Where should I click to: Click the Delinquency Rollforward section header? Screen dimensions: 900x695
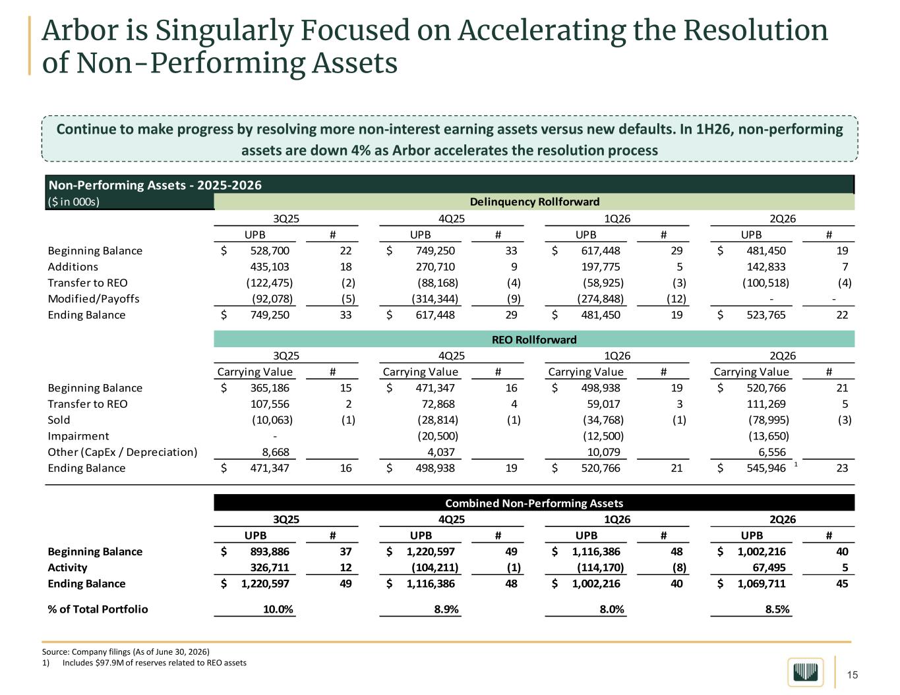point(534,202)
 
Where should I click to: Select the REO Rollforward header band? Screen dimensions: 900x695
point(534,339)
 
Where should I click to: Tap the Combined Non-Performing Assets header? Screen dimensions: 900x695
point(534,503)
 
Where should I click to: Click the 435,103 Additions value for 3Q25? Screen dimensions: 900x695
point(270,267)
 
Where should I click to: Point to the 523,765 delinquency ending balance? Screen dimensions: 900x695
point(765,315)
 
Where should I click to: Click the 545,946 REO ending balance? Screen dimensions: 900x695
point(765,468)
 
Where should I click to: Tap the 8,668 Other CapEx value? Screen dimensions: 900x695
point(276,452)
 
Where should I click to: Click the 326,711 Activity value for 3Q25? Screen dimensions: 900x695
point(270,567)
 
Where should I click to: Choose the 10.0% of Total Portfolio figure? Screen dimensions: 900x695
point(278,609)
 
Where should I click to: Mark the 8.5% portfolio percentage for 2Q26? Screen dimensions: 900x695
point(777,609)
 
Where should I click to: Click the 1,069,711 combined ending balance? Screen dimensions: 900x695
point(762,583)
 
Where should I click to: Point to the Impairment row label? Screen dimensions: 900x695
point(78,436)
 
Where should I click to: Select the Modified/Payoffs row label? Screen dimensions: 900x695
point(94,298)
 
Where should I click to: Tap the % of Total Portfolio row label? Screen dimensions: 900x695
point(98,609)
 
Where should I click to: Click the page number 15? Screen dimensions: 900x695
point(853,675)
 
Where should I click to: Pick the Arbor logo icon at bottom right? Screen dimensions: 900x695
point(806,672)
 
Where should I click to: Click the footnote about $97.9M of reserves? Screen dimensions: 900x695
point(144,663)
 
